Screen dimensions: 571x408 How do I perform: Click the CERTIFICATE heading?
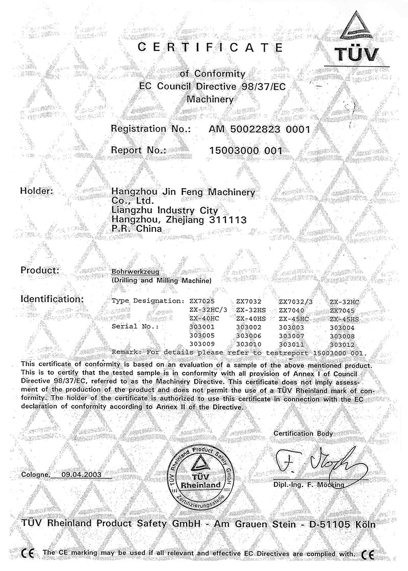coord(211,48)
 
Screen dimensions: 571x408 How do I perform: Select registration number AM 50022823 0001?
coord(260,129)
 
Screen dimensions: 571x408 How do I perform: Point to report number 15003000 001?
coord(246,150)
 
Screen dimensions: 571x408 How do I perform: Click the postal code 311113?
coord(225,220)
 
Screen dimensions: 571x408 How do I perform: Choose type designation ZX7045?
coord(344,310)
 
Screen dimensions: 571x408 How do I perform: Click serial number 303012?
coord(344,344)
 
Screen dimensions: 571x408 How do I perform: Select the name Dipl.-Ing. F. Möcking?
coord(309,484)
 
